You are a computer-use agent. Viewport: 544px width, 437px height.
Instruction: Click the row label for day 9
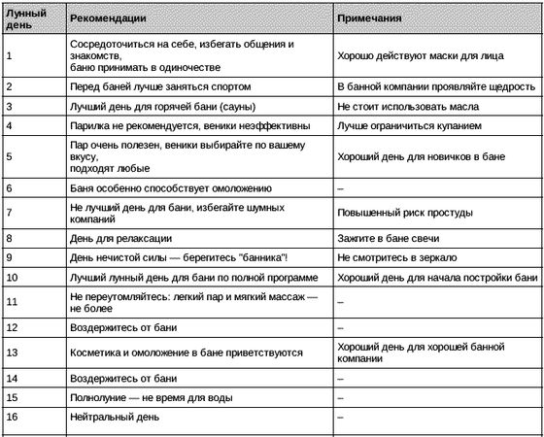pos(10,258)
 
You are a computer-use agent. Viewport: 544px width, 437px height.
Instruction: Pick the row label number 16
pos(13,417)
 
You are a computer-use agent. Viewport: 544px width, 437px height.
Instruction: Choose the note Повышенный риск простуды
pos(404,213)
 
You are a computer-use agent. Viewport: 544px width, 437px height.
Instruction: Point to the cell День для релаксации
pos(121,238)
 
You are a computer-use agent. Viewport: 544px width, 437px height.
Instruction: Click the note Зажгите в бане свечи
pos(388,238)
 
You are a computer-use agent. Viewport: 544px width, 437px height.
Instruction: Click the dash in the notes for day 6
pos(340,187)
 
